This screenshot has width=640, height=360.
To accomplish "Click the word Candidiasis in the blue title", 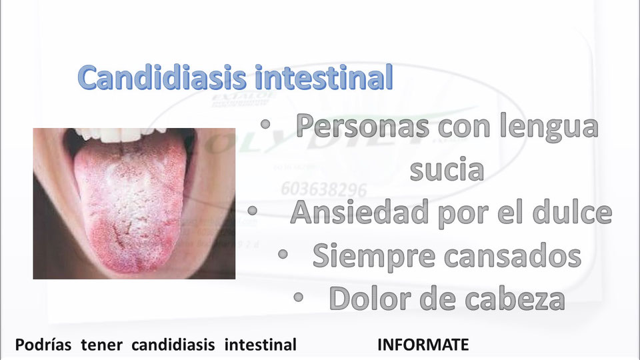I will pos(163,79).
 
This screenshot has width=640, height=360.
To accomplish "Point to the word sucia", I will pos(446,169).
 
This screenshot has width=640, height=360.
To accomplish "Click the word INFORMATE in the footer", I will pos(423,345).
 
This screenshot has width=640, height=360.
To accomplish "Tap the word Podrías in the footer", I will pos(44,345).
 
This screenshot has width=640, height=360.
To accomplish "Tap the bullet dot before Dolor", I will pos(299,297).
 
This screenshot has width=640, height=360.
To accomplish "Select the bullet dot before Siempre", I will pos(283,255).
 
